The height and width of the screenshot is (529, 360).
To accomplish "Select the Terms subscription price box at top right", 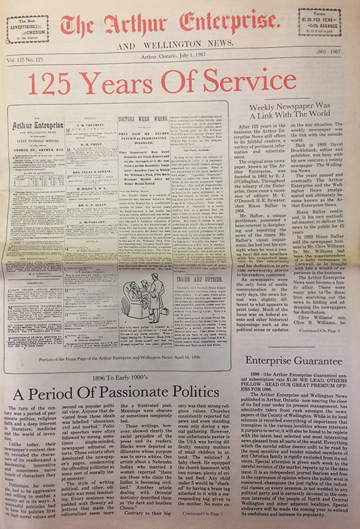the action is point(319,22).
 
